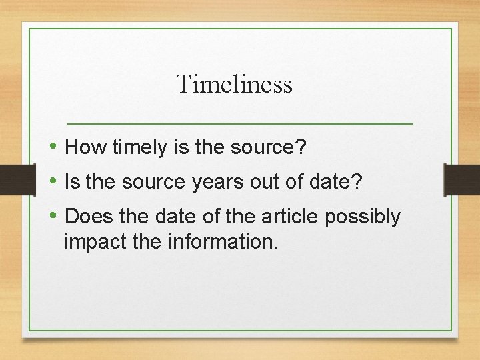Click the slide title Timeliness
point(234,85)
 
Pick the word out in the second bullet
point(254,182)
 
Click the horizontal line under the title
point(240,124)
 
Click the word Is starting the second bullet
point(71,182)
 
